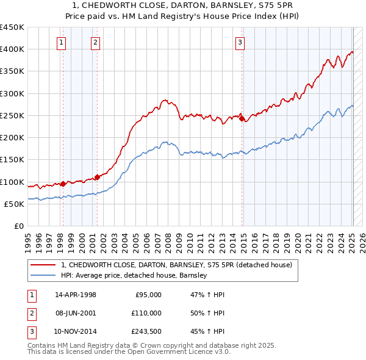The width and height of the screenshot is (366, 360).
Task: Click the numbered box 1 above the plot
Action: point(62,42)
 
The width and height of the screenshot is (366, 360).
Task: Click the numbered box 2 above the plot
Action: point(96,42)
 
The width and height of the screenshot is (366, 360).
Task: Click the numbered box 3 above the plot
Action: point(240,42)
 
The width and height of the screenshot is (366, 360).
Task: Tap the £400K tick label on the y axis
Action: point(12,49)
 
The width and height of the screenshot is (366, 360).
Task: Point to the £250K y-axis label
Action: point(12,115)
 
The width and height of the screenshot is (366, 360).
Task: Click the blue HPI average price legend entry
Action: point(134,275)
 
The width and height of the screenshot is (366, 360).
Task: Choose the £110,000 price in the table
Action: point(147,313)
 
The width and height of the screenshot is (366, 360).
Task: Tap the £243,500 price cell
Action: point(147,332)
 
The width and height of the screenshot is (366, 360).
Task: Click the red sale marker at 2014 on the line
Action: point(242,118)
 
